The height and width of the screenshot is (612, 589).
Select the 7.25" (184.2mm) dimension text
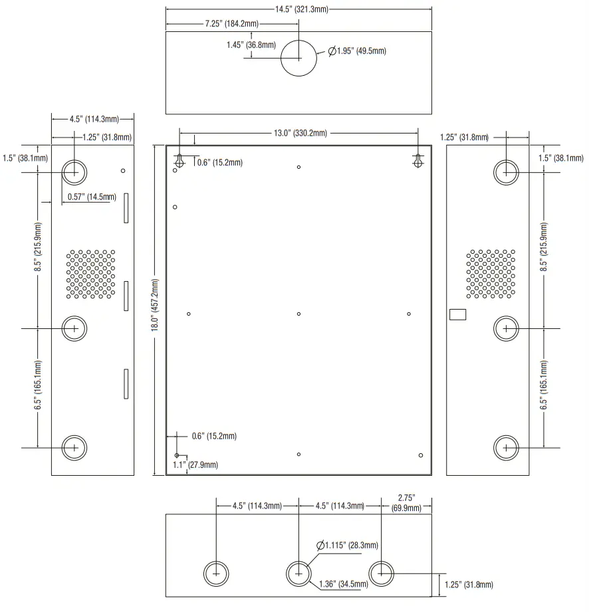(x=230, y=24)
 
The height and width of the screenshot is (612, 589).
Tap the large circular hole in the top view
(x=300, y=58)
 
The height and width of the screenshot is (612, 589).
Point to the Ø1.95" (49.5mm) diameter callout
(x=357, y=51)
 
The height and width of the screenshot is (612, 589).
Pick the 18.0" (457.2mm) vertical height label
(x=156, y=310)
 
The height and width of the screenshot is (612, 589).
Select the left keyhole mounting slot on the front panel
(x=179, y=161)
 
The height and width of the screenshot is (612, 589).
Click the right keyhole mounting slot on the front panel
(x=418, y=161)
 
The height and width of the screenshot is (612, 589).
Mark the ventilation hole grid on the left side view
(x=90, y=274)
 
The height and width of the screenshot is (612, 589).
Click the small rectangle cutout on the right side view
(x=458, y=314)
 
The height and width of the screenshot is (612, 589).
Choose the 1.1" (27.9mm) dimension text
(x=195, y=464)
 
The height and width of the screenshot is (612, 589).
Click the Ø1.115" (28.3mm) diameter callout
(x=347, y=546)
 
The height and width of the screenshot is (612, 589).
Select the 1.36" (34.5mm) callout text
(x=344, y=584)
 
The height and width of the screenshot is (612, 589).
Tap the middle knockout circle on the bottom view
(x=299, y=573)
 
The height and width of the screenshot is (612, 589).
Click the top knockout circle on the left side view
(x=74, y=172)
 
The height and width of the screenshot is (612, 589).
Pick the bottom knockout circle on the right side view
(x=507, y=448)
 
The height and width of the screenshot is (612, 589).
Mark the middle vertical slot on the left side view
(x=125, y=295)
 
